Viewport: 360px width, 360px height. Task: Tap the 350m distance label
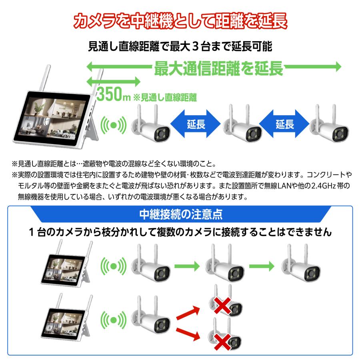pos(113,95)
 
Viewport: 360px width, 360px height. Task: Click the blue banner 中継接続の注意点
pos(180,214)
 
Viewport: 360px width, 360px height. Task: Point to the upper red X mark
pos(222,306)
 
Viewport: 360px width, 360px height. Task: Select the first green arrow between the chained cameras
pos(187,265)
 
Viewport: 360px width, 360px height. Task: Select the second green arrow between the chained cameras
pos(262,265)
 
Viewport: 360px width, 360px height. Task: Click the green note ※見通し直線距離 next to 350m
pos(165,96)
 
